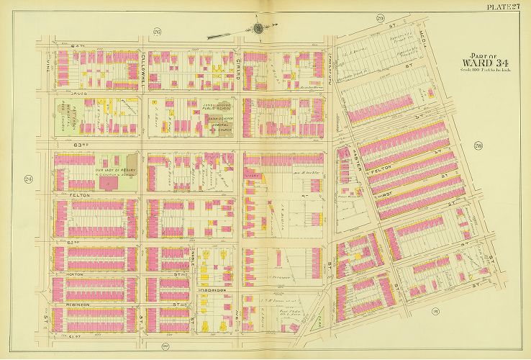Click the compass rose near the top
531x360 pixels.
(x=258, y=29)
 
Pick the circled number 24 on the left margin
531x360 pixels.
(x=29, y=179)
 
